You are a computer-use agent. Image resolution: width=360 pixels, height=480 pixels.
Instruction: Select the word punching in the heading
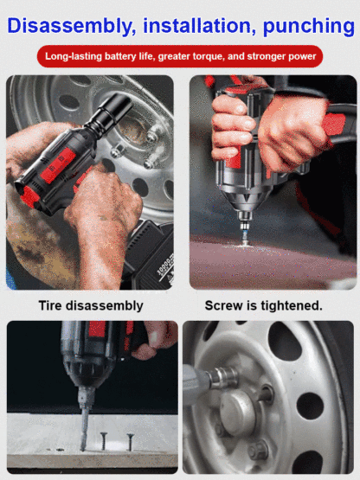pyautogui.click(x=308, y=27)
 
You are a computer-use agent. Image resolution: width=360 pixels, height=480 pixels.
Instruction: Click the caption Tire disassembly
pyautogui.click(x=91, y=305)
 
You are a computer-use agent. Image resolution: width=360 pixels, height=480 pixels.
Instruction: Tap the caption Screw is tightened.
pyautogui.click(x=263, y=305)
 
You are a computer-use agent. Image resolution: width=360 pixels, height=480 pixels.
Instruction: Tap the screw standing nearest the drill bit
pyautogui.click(x=103, y=440)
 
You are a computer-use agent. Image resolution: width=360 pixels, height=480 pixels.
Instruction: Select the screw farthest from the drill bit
pyautogui.click(x=131, y=442)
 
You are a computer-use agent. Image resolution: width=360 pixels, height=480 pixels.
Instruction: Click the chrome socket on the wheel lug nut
pyautogui.click(x=224, y=378)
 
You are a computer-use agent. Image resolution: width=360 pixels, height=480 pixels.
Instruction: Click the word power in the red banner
pyautogui.click(x=301, y=57)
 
